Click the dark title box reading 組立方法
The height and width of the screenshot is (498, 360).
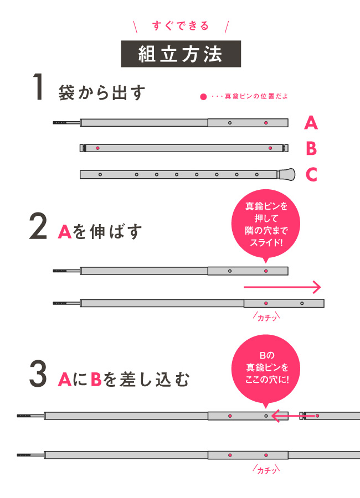pos(181,54)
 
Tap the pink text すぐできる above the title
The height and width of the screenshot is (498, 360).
pos(181,25)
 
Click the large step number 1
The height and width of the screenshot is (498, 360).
pos(38,87)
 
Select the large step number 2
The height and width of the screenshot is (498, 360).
pos(38,226)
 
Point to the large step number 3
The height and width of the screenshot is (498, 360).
pos(38,373)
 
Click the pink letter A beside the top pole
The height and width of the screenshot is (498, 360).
pos(311,123)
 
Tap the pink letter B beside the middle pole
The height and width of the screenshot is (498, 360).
pos(311,148)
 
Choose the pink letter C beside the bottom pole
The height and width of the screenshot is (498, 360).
pos(311,174)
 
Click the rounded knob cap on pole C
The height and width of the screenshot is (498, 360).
pos(286,174)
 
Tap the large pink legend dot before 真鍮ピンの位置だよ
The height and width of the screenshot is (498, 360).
pos(203,96)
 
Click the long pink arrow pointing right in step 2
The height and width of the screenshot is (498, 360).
pos(282,287)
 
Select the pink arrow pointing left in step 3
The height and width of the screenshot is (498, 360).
pos(293,416)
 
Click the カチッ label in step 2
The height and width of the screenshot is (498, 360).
pos(266,317)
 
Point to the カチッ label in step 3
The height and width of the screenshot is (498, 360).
pos(266,469)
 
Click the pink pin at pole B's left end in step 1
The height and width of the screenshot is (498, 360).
pos(97,148)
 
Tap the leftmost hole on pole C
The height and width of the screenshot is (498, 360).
pos(100,174)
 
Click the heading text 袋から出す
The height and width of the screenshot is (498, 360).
pos(102,92)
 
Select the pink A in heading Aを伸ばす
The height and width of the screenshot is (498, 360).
pos(65,231)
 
